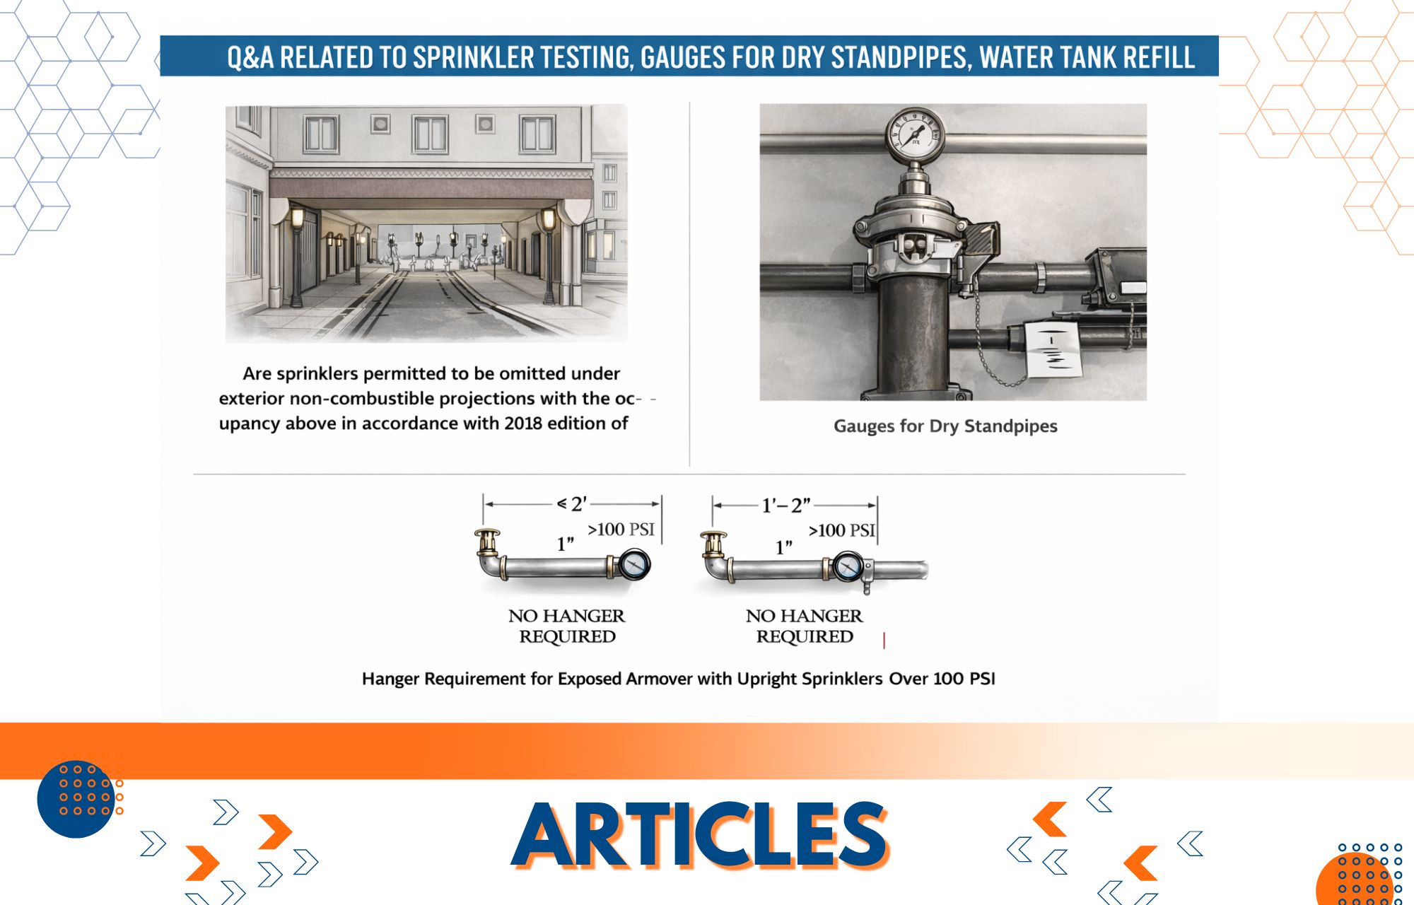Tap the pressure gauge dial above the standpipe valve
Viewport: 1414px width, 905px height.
click(x=915, y=135)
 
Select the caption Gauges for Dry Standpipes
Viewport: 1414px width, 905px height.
click(x=945, y=426)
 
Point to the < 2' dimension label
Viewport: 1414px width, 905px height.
click(x=572, y=504)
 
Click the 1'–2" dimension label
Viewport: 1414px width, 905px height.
click(x=786, y=506)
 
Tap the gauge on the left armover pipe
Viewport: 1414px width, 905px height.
click(x=634, y=566)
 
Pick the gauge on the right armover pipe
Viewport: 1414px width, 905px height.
click(x=847, y=567)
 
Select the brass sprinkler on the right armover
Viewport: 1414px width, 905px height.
click(x=713, y=545)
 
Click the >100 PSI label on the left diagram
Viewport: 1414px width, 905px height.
click(x=621, y=530)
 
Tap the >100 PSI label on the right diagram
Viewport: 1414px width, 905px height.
click(x=841, y=530)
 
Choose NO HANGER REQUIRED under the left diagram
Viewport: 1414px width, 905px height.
click(x=567, y=626)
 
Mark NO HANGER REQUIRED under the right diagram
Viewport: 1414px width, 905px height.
click(x=805, y=626)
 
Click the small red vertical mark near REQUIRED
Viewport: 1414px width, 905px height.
click(x=884, y=640)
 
